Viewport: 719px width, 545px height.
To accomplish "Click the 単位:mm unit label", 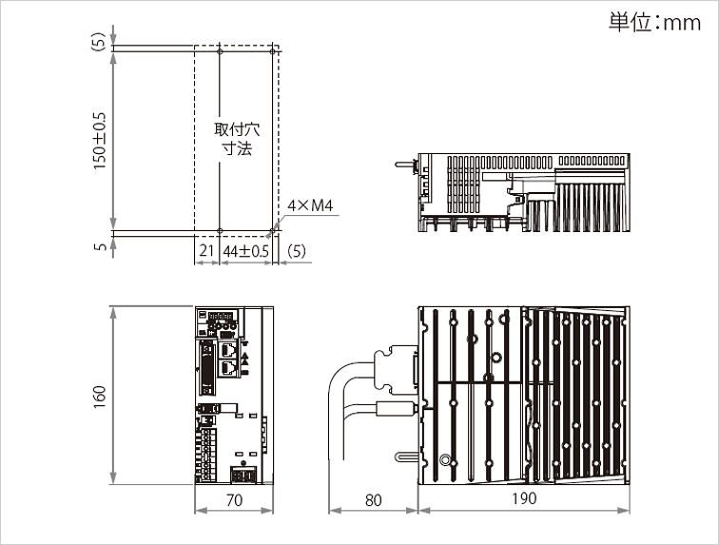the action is pyautogui.click(x=654, y=22).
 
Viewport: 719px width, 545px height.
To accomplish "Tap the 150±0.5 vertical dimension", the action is pyautogui.click(x=100, y=142).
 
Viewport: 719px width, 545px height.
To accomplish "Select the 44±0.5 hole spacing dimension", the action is pyautogui.click(x=245, y=251).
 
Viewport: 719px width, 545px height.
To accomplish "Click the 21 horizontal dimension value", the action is pyautogui.click(x=206, y=250).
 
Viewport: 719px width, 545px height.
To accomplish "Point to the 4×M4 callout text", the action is pyautogui.click(x=310, y=205).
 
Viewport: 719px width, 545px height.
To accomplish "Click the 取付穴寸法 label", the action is pyautogui.click(x=237, y=139).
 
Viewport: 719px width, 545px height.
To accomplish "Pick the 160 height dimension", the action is pyautogui.click(x=100, y=397).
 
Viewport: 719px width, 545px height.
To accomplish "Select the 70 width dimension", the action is pyautogui.click(x=234, y=500).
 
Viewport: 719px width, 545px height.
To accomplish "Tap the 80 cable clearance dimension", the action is pyautogui.click(x=373, y=500).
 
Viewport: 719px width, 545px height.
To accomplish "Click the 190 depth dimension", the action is pyautogui.click(x=524, y=498).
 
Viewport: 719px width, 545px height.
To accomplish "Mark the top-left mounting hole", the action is pyautogui.click(x=220, y=52).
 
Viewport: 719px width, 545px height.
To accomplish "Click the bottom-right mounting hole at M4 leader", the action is pyautogui.click(x=272, y=231).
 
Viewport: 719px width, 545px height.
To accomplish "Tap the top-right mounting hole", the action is pyautogui.click(x=272, y=52).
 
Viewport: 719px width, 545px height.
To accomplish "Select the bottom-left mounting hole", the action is pyautogui.click(x=220, y=231).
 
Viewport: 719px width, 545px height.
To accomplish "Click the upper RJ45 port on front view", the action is pyautogui.click(x=228, y=350).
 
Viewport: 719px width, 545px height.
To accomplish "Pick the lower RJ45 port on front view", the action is pyautogui.click(x=228, y=367).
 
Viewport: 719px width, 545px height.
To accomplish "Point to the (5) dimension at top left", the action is pyautogui.click(x=99, y=41).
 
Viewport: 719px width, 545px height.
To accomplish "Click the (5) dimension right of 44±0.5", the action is pyautogui.click(x=296, y=251).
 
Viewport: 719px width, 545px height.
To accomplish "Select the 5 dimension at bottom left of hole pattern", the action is pyautogui.click(x=100, y=246).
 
